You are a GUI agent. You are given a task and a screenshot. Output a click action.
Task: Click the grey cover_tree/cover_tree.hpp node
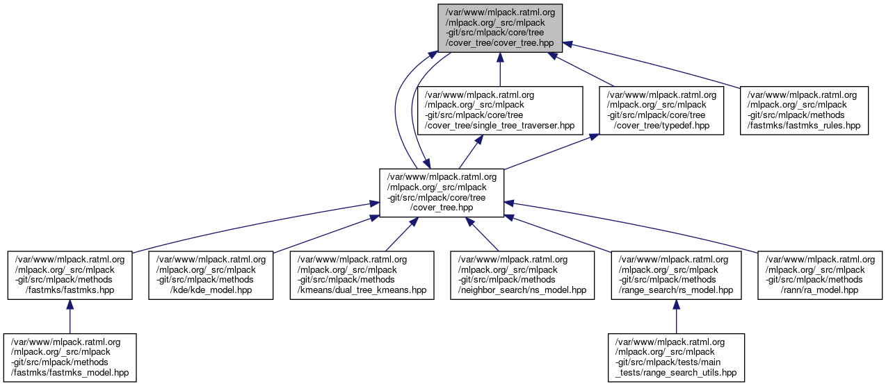(x=500, y=28)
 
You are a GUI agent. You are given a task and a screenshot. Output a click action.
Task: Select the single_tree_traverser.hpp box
(x=499, y=110)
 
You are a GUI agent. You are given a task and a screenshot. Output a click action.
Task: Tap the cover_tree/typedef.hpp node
(x=661, y=110)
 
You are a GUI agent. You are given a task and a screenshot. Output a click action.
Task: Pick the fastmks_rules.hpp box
(x=803, y=110)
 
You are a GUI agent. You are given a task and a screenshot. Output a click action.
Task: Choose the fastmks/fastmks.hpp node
(x=70, y=275)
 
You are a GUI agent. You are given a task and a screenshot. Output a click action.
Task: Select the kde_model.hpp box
(x=211, y=275)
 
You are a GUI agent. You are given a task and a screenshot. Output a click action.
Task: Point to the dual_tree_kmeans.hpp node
(x=362, y=275)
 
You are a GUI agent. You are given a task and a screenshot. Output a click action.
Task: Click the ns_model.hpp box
(x=522, y=275)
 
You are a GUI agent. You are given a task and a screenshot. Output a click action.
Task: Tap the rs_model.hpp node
(x=675, y=275)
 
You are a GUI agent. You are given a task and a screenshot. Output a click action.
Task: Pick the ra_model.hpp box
(x=820, y=275)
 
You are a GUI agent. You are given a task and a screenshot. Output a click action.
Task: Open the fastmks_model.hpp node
(x=70, y=357)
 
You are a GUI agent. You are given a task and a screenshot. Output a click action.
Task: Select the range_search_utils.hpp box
(x=677, y=357)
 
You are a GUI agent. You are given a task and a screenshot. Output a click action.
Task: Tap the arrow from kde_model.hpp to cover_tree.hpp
(x=320, y=233)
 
